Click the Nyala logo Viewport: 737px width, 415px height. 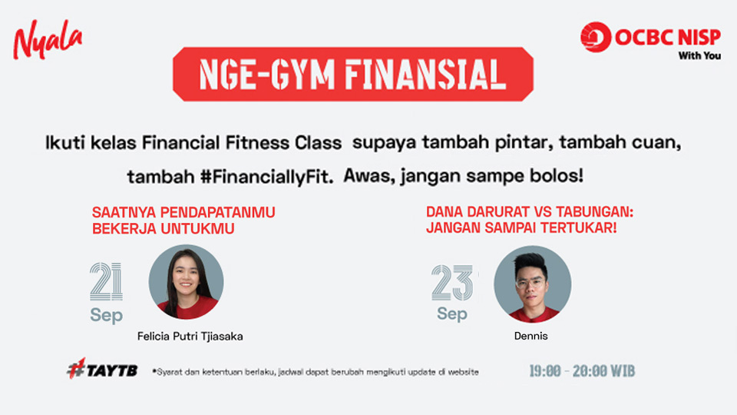click(x=48, y=39)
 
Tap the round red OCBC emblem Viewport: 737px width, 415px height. click(x=596, y=37)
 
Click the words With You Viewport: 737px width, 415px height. click(x=699, y=55)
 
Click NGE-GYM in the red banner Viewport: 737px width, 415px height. click(x=266, y=75)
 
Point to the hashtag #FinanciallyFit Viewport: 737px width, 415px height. click(x=267, y=177)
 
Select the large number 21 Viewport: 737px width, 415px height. click(x=106, y=281)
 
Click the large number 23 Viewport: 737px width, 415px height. click(x=452, y=282)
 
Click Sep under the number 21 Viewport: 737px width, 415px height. click(x=106, y=315)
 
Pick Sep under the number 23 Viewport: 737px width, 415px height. click(x=452, y=314)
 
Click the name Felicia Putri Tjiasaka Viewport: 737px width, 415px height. click(x=190, y=337)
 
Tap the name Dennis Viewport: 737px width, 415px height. click(x=530, y=336)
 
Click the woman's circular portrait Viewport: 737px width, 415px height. click(x=186, y=282)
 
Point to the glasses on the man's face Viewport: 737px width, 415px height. click(x=530, y=284)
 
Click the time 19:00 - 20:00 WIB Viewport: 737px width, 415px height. click(x=582, y=371)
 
